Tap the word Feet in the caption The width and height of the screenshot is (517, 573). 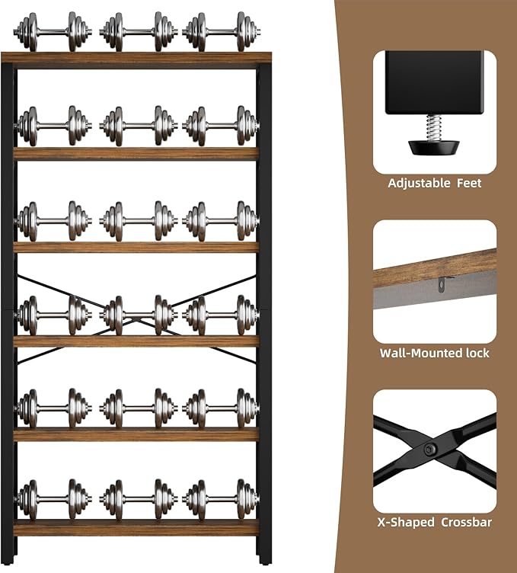469,183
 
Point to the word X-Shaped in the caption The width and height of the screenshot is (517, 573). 406,522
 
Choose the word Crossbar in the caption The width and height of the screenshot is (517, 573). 466,522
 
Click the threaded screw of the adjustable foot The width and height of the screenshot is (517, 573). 433,127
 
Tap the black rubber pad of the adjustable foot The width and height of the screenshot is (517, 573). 433,148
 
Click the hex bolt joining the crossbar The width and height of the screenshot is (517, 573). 429,450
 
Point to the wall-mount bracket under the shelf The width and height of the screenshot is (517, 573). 442,284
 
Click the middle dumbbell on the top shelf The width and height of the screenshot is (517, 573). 139,32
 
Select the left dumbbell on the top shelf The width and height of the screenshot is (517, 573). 53,32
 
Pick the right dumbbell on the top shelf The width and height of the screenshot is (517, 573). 222,32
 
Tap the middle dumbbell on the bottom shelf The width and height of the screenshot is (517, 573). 139,500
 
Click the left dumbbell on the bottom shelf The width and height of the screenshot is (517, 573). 53,500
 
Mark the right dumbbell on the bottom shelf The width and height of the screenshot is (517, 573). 222,500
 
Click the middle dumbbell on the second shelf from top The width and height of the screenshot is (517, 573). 139,126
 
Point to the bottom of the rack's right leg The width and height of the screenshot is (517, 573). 264,561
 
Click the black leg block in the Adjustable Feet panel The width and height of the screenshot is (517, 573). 435,82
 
